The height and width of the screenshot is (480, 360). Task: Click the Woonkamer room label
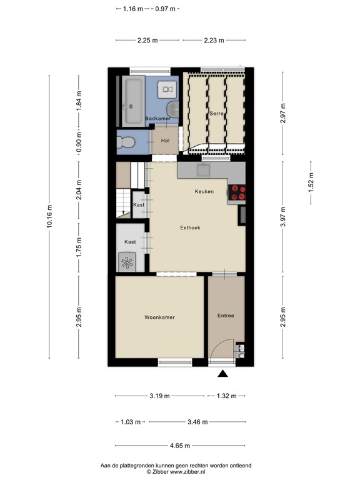(x=159, y=317)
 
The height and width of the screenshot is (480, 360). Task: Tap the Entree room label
(x=226, y=316)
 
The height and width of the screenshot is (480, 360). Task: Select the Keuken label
(x=204, y=191)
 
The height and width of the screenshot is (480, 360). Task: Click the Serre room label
(x=217, y=114)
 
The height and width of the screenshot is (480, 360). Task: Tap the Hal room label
(x=166, y=141)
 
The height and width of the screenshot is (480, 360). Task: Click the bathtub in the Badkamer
(x=133, y=101)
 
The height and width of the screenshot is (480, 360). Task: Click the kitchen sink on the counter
(x=204, y=169)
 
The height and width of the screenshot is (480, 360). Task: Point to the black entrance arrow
(x=222, y=374)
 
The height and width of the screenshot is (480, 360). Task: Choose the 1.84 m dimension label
(x=78, y=101)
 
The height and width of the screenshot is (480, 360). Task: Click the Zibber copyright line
(x=180, y=472)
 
